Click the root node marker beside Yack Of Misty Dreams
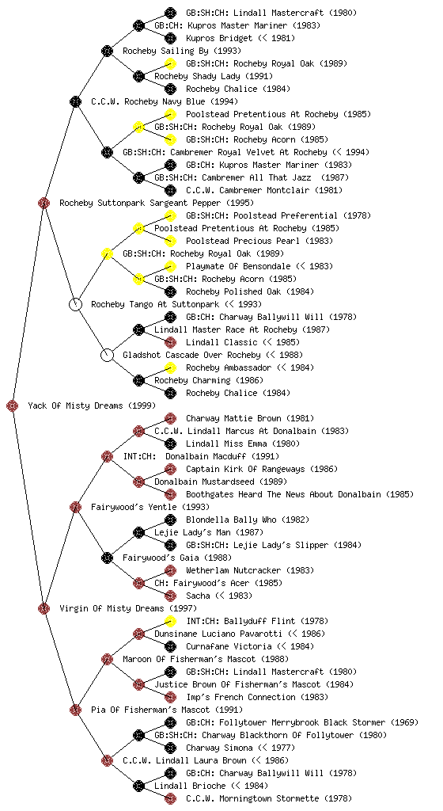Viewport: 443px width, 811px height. tap(13, 405)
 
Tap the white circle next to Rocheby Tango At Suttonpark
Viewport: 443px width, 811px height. tap(75, 304)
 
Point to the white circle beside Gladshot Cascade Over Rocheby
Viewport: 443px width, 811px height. tap(107, 355)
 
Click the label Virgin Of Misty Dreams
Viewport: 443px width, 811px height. tap(112, 609)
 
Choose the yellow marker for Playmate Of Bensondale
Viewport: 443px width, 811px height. tap(170, 266)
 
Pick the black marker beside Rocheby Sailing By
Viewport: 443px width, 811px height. tap(107, 51)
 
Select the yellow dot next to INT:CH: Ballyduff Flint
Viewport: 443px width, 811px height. tap(170, 621)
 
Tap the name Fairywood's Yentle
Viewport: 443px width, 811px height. tap(134, 508)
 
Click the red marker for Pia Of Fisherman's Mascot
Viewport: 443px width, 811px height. tap(75, 710)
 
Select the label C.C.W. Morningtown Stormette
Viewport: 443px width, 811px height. tap(252, 798)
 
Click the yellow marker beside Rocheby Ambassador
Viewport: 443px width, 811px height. tap(170, 367)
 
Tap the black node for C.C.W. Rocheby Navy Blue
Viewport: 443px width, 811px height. tap(75, 101)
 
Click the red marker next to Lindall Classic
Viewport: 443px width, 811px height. tap(170, 342)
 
